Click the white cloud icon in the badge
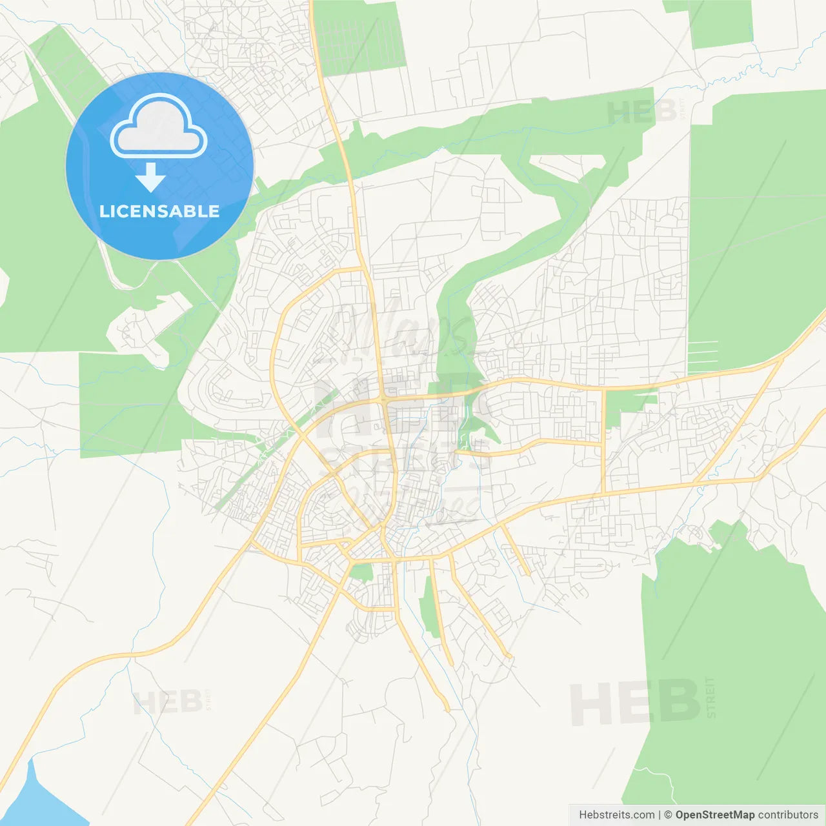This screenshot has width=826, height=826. point(158,126)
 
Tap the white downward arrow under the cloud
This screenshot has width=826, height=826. point(150,177)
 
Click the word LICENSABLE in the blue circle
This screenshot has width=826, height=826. point(159,212)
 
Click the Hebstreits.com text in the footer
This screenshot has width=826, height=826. point(616,815)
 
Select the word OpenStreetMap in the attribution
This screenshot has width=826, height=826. point(714,815)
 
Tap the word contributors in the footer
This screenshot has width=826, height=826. point(788,815)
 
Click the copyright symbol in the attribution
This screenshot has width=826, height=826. point(668,815)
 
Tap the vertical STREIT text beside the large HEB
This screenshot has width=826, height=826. point(711,698)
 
